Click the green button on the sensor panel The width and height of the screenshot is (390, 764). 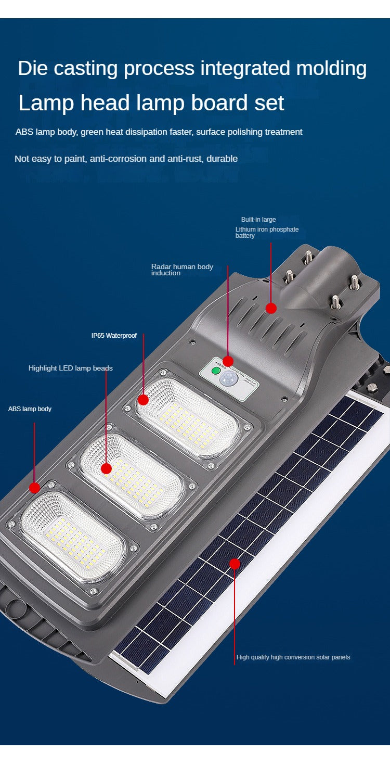click(215, 372)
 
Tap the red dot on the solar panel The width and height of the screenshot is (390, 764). click(235, 564)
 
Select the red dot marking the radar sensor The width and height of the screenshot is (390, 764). click(228, 361)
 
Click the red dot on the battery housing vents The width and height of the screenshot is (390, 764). click(271, 308)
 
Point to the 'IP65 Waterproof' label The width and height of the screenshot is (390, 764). click(114, 336)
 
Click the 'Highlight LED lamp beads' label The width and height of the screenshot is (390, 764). click(70, 368)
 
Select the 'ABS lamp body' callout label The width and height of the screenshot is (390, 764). click(30, 409)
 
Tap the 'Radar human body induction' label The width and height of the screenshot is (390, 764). click(182, 270)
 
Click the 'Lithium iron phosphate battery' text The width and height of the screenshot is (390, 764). click(267, 232)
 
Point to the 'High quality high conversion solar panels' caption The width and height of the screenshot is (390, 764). click(293, 657)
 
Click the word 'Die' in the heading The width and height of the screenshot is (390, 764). click(32, 69)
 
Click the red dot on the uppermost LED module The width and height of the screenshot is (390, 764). click(143, 400)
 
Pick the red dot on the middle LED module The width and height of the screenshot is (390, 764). click(106, 468)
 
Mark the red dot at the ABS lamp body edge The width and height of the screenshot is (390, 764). click(34, 488)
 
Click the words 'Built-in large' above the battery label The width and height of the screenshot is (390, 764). click(258, 220)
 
